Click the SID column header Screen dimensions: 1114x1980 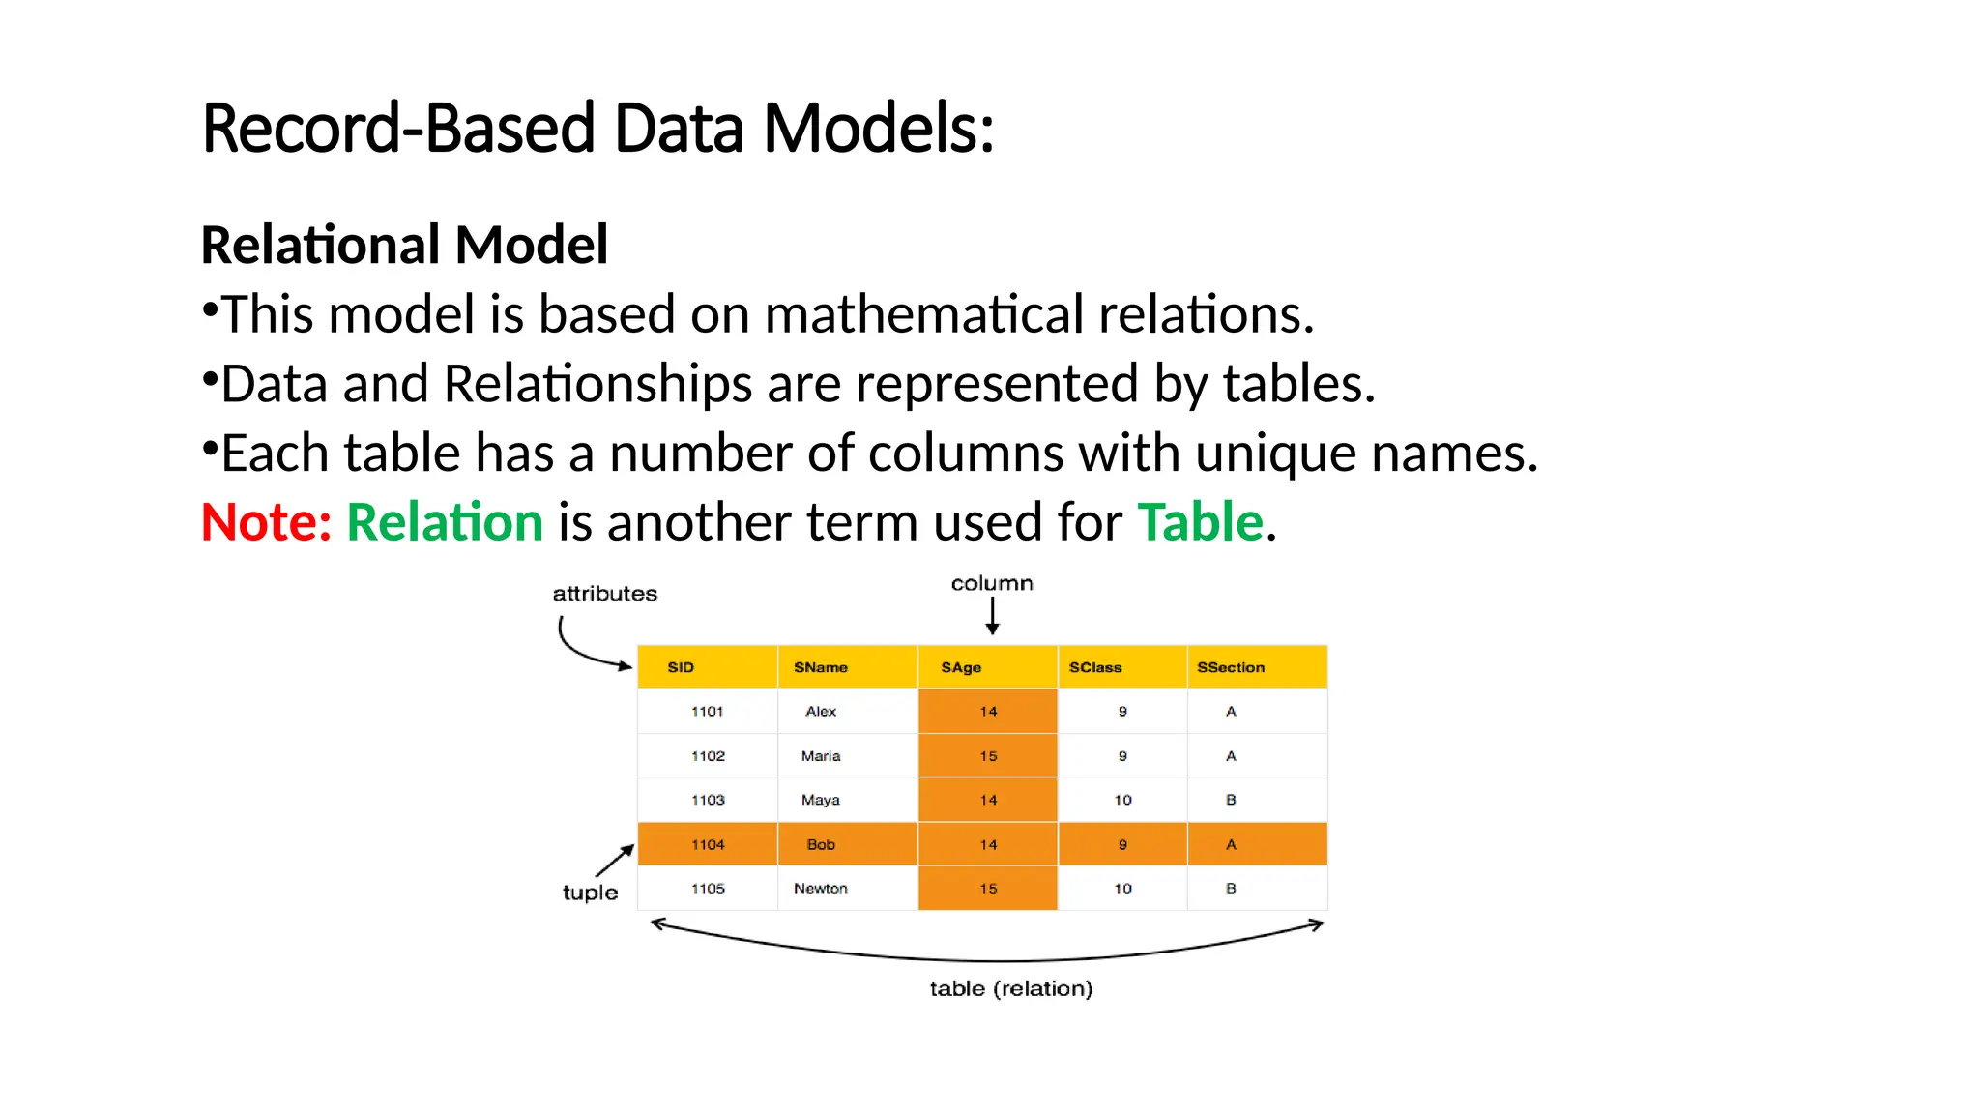pos(681,667)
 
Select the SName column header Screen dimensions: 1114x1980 pos(821,667)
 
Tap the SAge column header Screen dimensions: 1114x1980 pos(961,667)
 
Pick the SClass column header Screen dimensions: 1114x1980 pos(1095,667)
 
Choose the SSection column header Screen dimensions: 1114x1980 pos(1231,667)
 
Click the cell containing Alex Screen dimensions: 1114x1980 pos(821,712)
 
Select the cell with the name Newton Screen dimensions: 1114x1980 pos(821,889)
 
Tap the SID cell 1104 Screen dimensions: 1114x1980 pos(708,845)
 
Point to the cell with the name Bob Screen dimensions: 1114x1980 pos(821,845)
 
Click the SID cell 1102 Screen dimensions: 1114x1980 pos(708,756)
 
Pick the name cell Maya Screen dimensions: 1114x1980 pos(821,801)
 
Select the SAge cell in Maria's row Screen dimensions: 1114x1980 pos(988,756)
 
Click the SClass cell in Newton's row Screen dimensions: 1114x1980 pos(1122,889)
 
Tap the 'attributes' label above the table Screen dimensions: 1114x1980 pos(605,594)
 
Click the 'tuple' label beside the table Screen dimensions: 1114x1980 pos(590,893)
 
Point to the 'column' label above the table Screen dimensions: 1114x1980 pos(992,584)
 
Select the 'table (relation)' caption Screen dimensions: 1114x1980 pos(1011,988)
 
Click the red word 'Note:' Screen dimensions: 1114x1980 pos(266,522)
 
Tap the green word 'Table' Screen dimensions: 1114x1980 pos(1200,522)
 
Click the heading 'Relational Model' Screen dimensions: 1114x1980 pos(404,245)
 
